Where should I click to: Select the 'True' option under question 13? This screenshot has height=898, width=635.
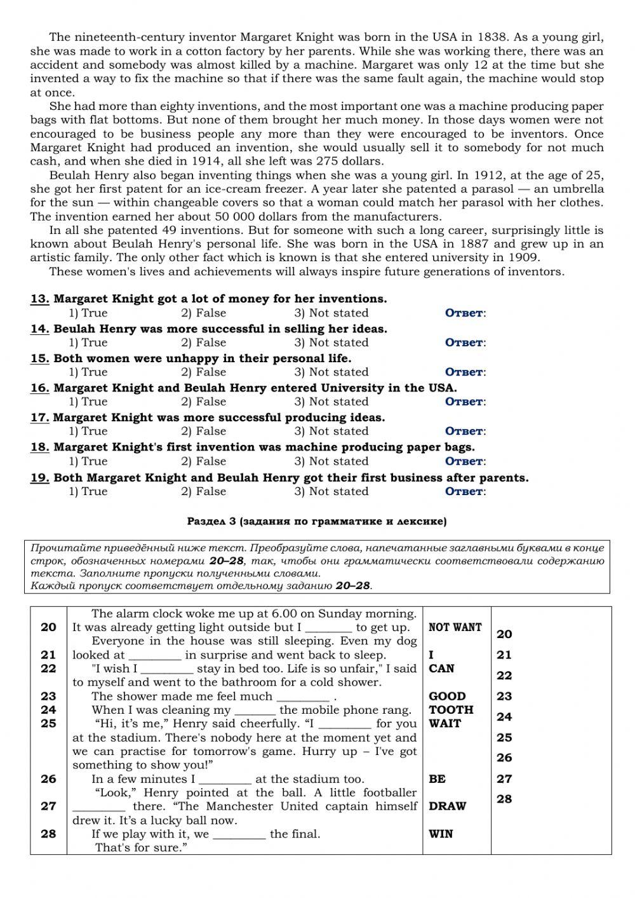88,313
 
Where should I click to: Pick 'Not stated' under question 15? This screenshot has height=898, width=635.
331,372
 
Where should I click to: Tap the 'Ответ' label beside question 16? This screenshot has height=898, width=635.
465,402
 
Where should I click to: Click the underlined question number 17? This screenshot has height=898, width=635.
39,418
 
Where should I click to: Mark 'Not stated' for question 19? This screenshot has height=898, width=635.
331,491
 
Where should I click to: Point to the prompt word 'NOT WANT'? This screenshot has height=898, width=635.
455,627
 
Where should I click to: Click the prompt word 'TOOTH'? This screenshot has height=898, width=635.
451,710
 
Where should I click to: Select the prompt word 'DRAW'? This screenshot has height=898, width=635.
447,806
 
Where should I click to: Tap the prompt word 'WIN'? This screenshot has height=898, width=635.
441,834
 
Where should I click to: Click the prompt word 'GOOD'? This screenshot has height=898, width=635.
447,696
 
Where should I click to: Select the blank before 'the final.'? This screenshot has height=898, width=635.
239,835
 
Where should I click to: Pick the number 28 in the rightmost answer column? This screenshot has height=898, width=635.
504,799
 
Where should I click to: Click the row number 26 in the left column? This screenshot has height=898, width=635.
48,779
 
